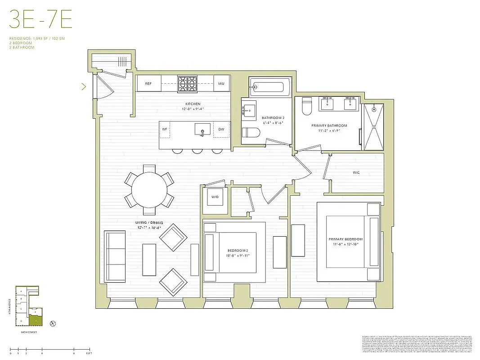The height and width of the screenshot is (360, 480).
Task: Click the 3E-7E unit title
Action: (x=40, y=21)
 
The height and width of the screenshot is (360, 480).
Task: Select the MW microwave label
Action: (x=221, y=84)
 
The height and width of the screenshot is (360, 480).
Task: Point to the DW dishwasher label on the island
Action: (x=221, y=130)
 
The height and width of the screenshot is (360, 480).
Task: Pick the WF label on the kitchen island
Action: (x=165, y=130)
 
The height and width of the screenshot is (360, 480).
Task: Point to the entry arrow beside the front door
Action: (x=84, y=86)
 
